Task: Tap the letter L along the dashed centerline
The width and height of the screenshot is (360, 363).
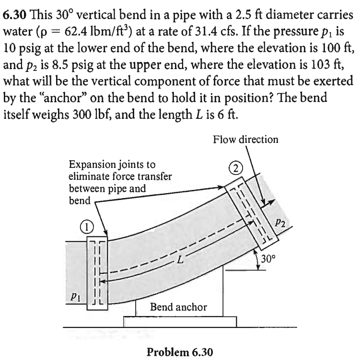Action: coord(180,261)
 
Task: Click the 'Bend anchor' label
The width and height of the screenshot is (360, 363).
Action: coord(179,306)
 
